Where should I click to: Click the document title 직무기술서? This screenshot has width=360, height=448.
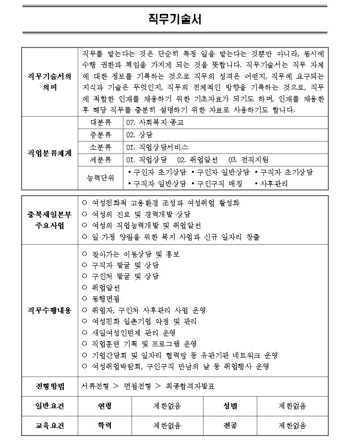coord(175,19)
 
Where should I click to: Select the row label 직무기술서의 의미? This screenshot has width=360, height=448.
coord(49,82)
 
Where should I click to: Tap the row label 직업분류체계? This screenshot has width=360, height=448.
coord(49,153)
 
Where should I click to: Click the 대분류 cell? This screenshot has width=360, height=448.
coord(101,122)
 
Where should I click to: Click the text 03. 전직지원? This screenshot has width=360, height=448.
coord(248,159)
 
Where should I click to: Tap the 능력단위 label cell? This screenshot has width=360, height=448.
coord(101,178)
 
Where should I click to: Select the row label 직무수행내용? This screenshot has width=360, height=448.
coord(49,310)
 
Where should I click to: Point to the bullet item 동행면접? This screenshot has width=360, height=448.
coord(106,299)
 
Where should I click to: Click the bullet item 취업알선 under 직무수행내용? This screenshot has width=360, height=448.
coord(106,288)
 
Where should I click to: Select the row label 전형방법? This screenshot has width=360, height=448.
coord(49,386)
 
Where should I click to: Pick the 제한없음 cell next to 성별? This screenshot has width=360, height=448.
coord(292,406)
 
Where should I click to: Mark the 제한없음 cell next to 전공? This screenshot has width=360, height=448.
coord(292,425)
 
